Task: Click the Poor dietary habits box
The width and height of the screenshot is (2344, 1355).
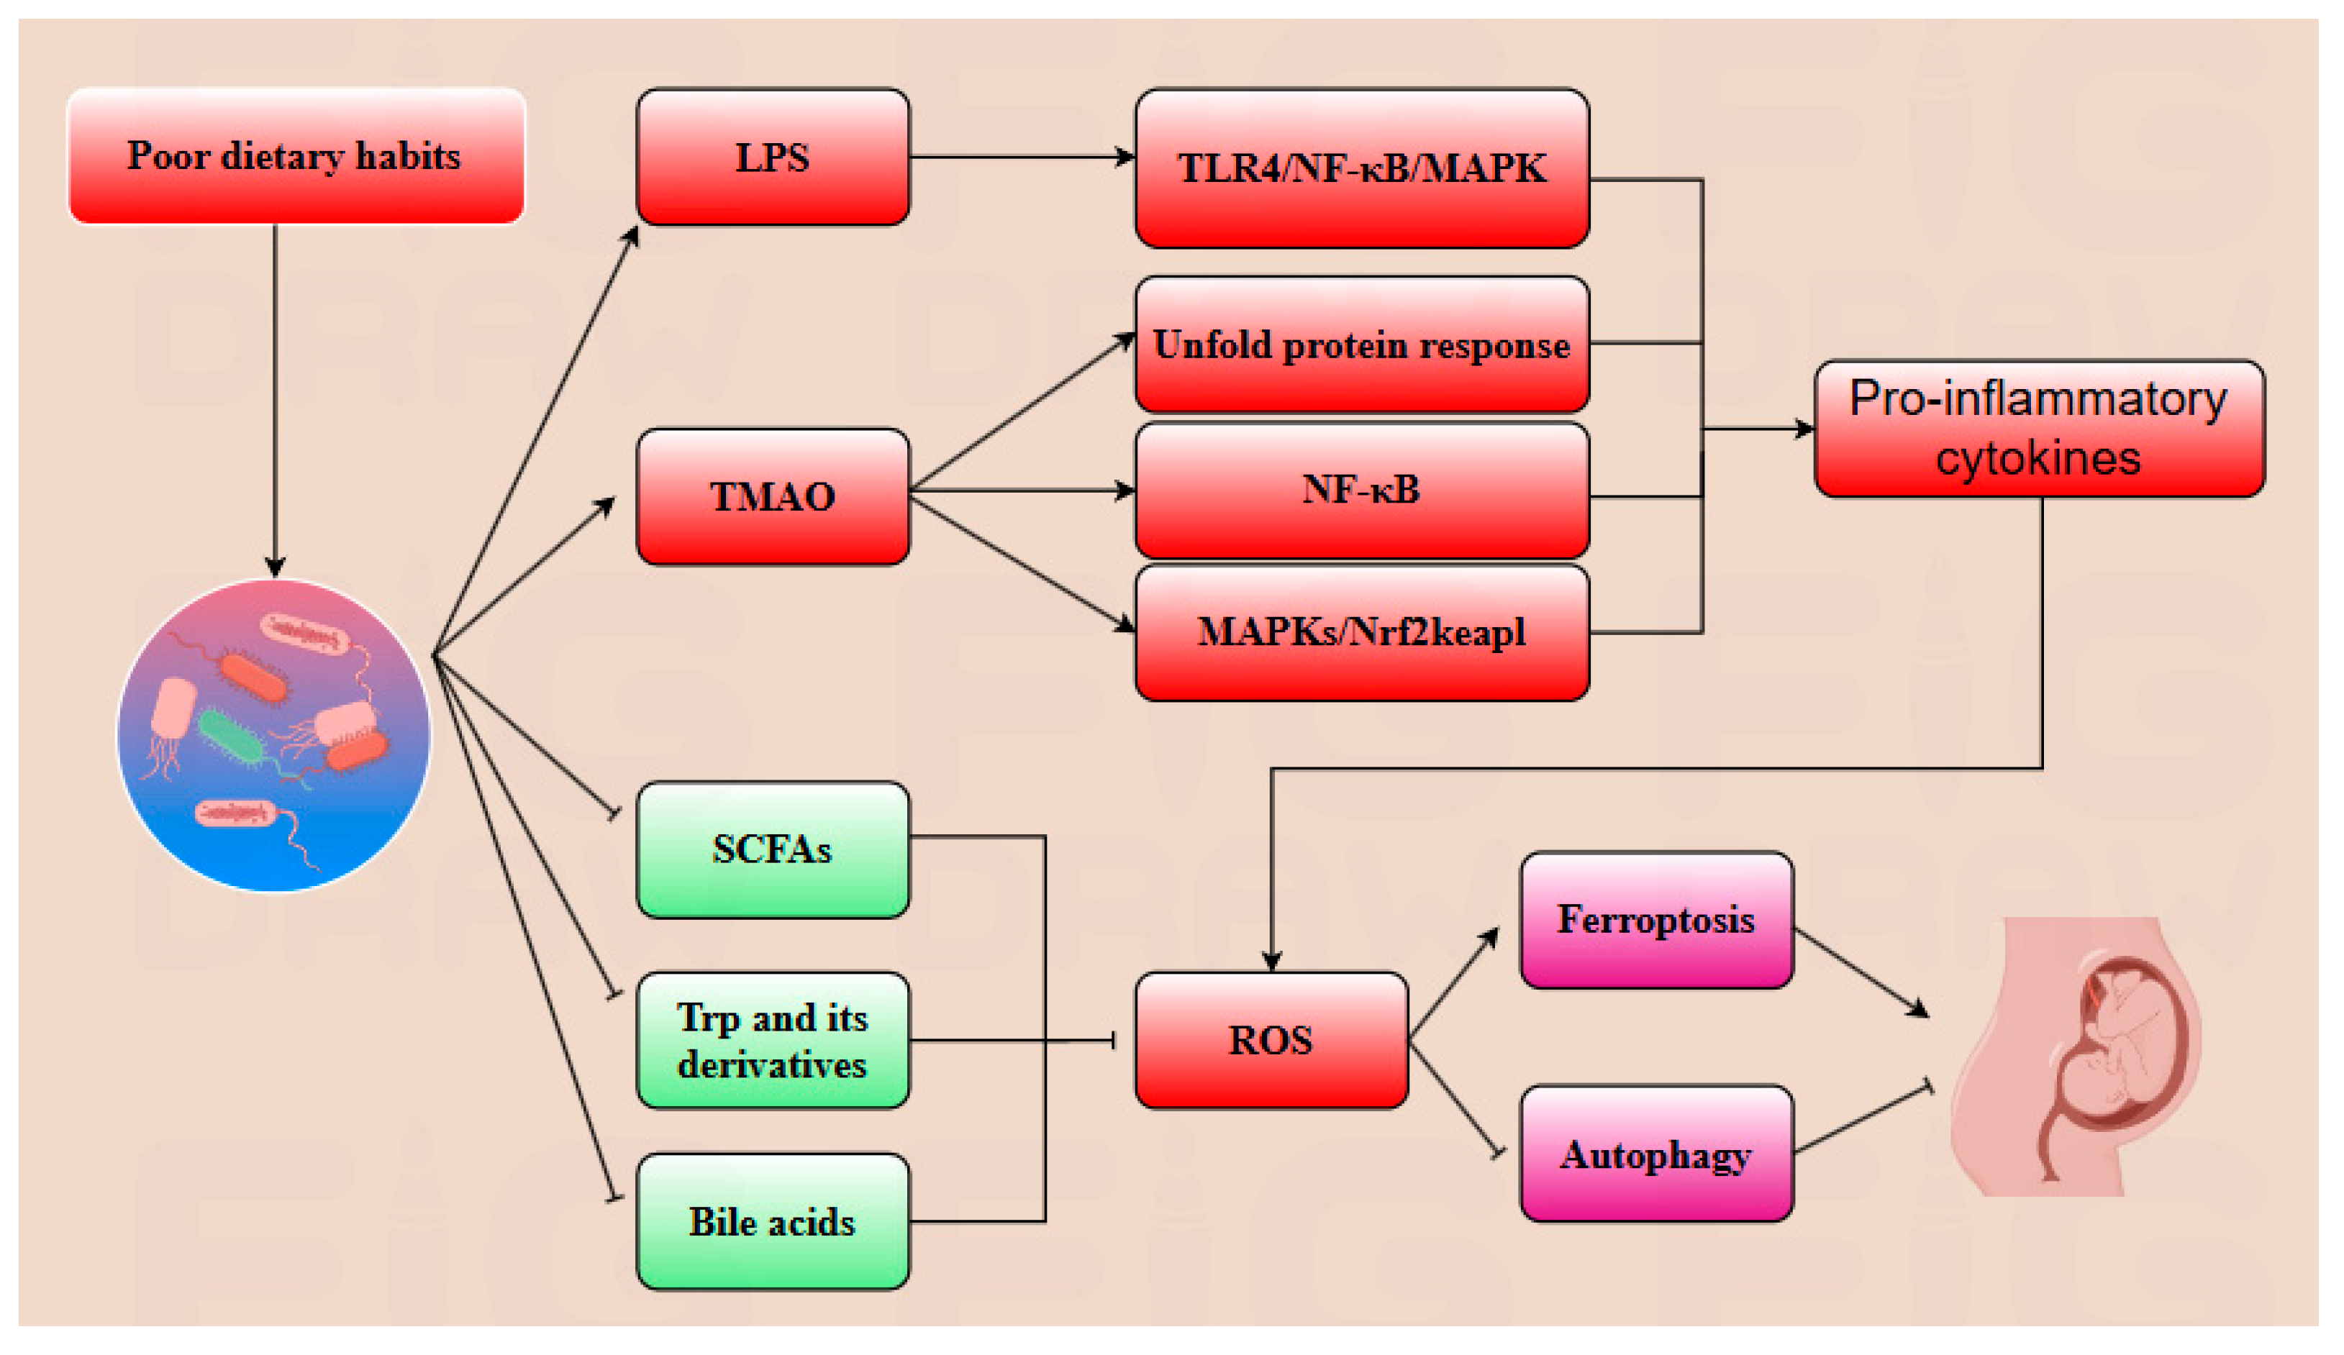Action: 296,155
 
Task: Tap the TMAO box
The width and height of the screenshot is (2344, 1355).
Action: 772,496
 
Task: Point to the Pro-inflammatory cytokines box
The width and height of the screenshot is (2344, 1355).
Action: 2038,429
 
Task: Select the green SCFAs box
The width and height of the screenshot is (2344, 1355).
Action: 772,849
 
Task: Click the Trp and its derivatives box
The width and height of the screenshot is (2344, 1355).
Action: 772,1040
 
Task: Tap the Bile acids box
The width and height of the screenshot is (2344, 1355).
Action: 772,1221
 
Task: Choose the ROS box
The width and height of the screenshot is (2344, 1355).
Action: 1271,1040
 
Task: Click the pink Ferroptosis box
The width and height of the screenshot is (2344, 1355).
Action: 1655,920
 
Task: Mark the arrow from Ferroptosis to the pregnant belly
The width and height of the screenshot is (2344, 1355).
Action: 1861,971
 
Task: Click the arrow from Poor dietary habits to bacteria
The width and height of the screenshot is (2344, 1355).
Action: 274,400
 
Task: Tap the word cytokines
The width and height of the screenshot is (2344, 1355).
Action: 2038,458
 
